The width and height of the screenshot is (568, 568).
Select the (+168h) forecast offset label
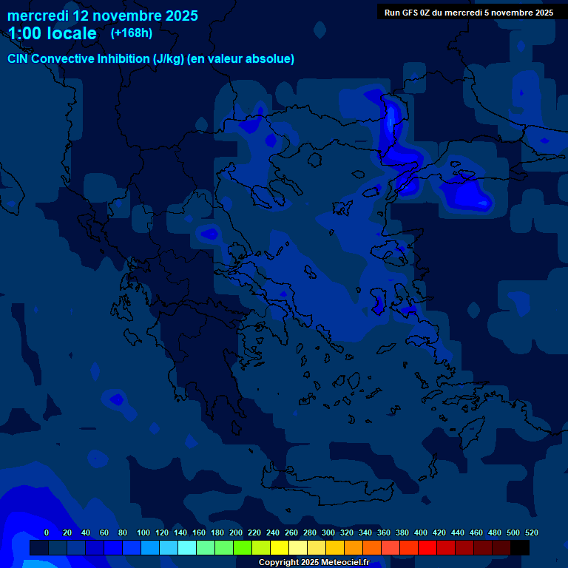point(132,33)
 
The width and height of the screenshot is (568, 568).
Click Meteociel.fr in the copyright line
point(345,563)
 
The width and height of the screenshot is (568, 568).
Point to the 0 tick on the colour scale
point(47,533)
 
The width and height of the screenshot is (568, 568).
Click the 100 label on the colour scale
point(143,533)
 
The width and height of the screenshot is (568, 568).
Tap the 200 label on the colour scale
point(235,533)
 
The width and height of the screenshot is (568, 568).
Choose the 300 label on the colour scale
point(328,533)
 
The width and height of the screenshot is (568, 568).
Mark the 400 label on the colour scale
point(420,533)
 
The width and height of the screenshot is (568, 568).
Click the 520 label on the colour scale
point(531,533)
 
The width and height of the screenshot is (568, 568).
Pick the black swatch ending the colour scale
point(520,547)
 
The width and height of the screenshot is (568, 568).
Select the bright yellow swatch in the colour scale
point(279,547)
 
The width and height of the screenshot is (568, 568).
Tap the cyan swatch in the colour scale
point(186,547)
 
